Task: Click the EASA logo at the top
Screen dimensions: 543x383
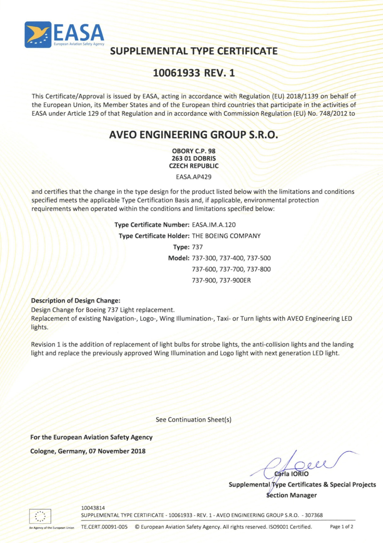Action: click(64, 34)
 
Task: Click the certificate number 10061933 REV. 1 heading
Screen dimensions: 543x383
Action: click(194, 73)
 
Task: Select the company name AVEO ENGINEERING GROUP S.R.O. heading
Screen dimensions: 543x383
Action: click(194, 135)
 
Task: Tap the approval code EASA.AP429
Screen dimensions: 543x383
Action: click(194, 177)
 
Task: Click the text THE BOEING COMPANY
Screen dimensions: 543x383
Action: click(226, 236)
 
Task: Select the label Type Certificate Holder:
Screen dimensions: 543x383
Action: click(154, 236)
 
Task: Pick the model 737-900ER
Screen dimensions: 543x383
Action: click(235, 280)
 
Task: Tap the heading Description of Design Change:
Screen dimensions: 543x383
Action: click(76, 301)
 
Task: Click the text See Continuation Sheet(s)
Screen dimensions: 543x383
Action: click(194, 420)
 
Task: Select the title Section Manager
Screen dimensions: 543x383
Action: click(291, 495)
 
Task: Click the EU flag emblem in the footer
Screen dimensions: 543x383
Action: click(40, 516)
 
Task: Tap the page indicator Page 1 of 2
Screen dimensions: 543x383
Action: click(341, 527)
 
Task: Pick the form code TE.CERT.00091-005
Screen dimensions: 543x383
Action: click(104, 527)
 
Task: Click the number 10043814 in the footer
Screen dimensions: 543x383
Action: click(93, 508)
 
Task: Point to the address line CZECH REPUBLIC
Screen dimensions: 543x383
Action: click(194, 166)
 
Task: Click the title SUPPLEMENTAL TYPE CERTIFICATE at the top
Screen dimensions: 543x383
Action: click(194, 51)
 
